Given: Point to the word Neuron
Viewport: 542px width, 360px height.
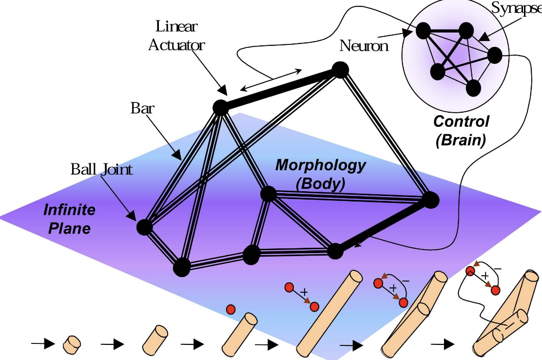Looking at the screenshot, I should tap(364, 46).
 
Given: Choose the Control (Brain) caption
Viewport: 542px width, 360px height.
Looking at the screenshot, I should tap(461, 130).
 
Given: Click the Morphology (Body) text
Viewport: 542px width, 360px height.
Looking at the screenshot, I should tap(320, 174).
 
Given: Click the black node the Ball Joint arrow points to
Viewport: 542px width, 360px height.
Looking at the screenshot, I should tap(144, 227).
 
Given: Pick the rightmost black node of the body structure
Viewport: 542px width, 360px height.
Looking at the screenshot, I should tap(429, 200).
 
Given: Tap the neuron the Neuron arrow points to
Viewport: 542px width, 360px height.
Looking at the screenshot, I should tap(422, 31).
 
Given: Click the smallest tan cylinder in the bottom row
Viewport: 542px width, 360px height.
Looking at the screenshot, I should tap(72, 344).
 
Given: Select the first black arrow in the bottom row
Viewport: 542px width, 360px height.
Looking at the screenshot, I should tap(43, 344).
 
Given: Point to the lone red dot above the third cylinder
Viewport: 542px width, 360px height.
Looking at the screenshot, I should tap(231, 309).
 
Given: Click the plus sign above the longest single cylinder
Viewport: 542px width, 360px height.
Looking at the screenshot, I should tap(304, 292).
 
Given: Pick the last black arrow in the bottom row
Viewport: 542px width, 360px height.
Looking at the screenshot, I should tap(443, 344).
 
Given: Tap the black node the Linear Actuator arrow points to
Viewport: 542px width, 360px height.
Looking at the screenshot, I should tap(220, 107).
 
